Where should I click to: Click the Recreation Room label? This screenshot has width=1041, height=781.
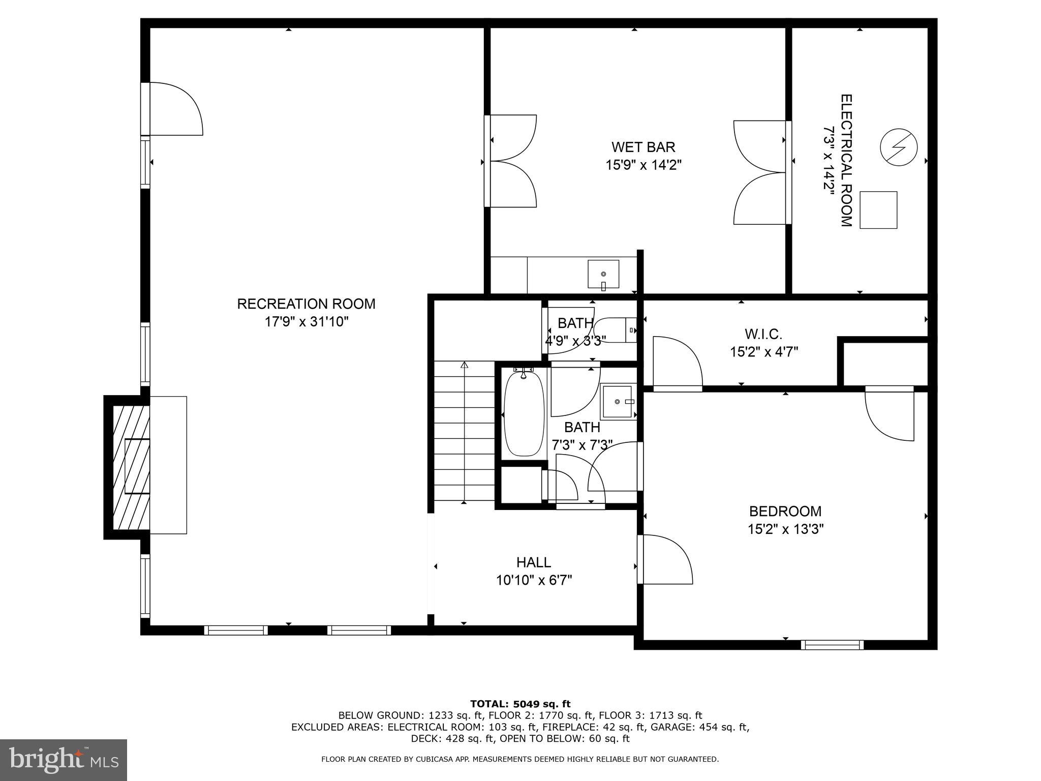point(306,304)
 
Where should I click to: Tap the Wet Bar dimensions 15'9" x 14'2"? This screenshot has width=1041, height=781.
point(643,165)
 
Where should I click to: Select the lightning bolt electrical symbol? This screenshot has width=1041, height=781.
point(899,146)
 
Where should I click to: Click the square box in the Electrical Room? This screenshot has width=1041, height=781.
point(878,210)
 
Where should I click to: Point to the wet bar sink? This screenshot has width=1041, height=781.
point(603,274)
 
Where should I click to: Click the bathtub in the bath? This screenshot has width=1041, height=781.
point(523,414)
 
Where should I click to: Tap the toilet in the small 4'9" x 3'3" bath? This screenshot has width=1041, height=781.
point(615,330)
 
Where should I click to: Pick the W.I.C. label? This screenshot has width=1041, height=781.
point(763,334)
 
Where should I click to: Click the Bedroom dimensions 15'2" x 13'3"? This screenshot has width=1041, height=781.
point(785,529)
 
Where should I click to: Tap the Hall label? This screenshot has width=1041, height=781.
point(534,562)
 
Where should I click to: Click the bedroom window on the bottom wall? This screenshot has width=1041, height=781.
point(832,645)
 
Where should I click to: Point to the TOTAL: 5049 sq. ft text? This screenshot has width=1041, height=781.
point(520,704)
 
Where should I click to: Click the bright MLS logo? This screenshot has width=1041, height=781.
point(64,760)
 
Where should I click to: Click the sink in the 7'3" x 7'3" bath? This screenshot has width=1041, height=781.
point(618,402)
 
